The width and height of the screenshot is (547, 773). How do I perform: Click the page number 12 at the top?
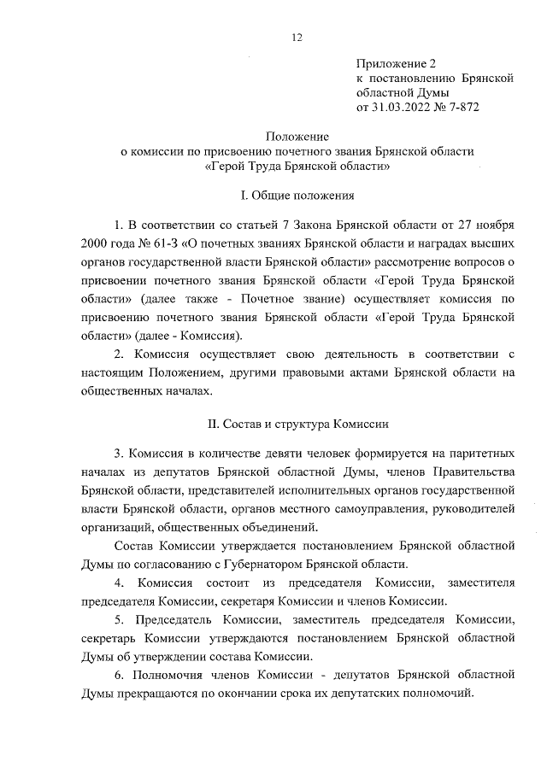[297, 37]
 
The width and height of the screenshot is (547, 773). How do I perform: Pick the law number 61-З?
[168, 242]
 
